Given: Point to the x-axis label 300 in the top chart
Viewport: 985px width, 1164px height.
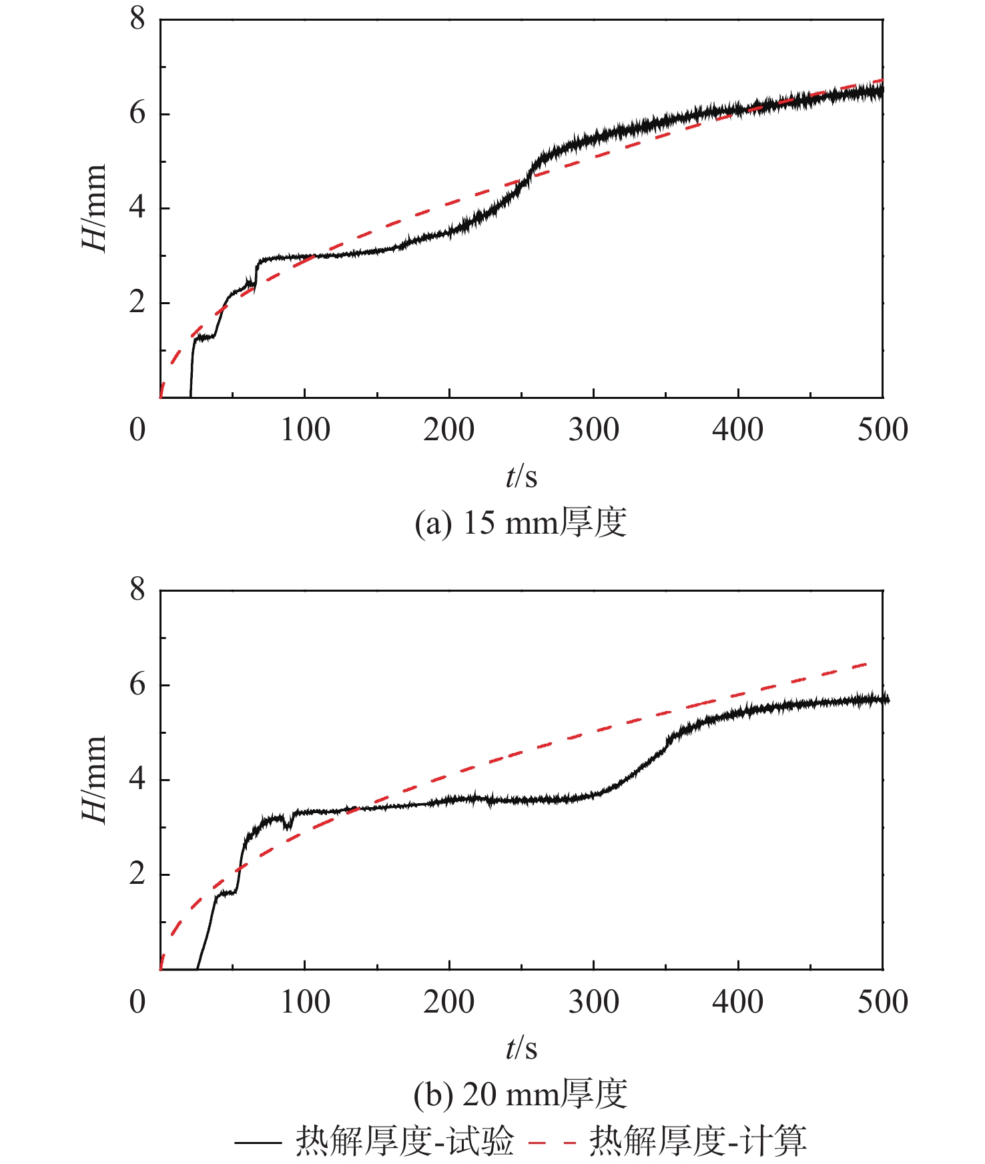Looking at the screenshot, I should [593, 430].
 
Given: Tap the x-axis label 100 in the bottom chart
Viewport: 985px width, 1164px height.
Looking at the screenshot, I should [304, 1002].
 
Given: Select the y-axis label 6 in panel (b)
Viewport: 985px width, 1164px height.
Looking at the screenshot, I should [137, 684].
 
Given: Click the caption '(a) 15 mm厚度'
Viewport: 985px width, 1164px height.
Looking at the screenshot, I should [521, 522].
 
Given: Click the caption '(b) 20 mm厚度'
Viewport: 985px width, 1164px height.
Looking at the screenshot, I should [521, 1094].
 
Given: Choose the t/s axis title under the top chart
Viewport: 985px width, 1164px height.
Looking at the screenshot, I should [521, 476].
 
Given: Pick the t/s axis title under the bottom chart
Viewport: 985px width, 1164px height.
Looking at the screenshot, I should [521, 1048].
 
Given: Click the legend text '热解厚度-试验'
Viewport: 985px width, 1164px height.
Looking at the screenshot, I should [405, 1141].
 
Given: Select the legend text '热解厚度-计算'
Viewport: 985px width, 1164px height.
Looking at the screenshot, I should [698, 1141].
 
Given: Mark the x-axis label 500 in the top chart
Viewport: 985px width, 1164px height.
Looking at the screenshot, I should [882, 430].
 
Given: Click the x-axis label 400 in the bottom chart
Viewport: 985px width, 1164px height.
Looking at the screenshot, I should [737, 1002].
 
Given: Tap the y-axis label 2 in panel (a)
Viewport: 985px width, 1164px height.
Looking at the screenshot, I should [137, 302].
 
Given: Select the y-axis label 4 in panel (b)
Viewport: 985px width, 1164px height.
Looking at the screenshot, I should [137, 779].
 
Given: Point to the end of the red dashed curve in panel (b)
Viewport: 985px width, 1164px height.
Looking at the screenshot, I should [868, 664].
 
